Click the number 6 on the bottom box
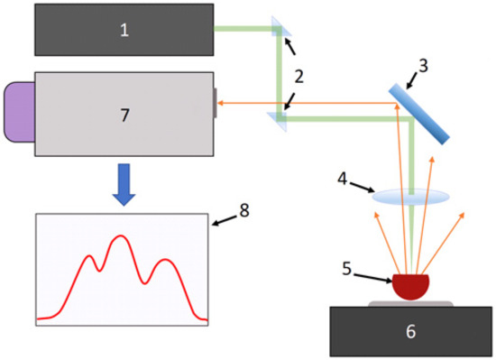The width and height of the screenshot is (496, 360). pos(411,331)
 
